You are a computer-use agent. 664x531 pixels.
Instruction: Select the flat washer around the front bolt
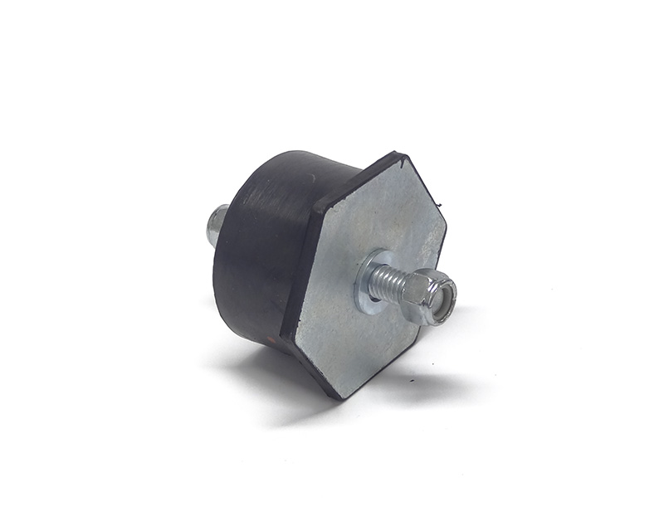[x=369, y=281]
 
